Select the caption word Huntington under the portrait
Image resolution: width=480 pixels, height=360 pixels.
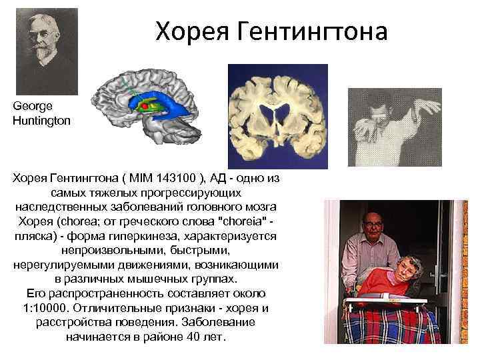(x=40, y=121)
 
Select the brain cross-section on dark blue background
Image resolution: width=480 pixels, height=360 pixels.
(x=278, y=115)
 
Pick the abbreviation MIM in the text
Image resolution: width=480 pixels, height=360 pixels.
(x=143, y=178)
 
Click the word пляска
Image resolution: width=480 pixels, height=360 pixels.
(x=36, y=236)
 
